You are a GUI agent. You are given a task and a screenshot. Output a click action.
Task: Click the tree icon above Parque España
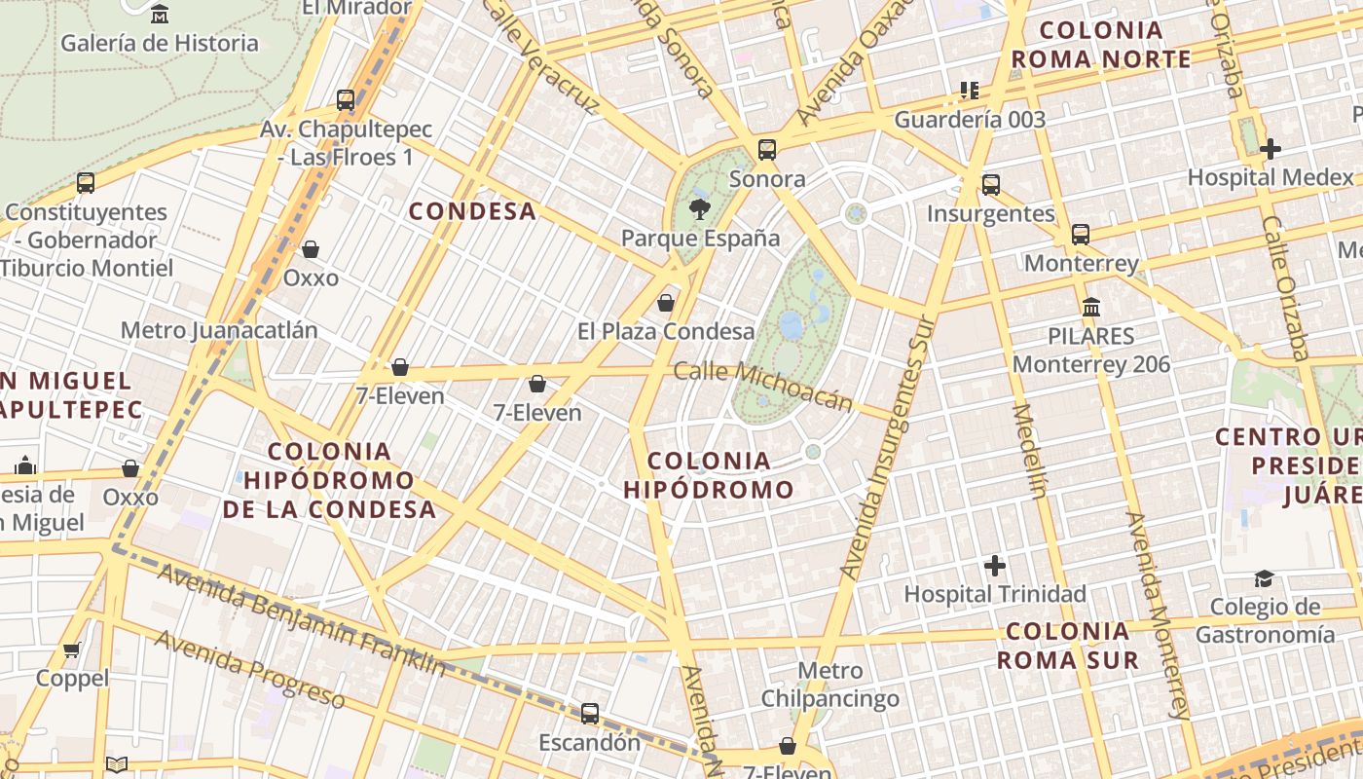698,207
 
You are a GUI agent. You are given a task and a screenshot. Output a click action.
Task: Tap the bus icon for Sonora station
767,150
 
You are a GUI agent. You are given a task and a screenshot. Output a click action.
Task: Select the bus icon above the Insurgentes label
991,185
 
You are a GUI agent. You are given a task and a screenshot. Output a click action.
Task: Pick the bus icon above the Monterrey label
1081,235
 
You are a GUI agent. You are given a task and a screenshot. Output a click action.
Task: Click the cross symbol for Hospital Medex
1270,149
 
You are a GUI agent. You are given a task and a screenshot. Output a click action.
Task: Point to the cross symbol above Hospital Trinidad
994,565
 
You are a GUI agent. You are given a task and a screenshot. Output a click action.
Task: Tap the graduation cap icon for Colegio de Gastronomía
1264,578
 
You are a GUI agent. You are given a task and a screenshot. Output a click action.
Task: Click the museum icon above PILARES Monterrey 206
1091,307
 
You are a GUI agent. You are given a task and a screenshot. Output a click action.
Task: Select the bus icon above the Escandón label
590,713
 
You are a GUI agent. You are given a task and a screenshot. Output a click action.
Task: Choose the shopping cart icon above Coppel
71,649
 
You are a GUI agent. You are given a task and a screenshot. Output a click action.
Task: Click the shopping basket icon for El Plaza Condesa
666,303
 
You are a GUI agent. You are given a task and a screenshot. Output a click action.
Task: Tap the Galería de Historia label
160,43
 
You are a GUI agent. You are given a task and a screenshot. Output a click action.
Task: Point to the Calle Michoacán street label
763,386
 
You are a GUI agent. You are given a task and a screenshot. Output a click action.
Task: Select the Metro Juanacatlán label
219,330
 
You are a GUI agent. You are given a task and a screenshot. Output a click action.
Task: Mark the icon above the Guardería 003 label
969,91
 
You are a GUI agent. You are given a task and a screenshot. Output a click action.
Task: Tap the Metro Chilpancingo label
829,685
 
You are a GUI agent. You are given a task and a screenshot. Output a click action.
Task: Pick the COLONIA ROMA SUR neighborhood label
1067,645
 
